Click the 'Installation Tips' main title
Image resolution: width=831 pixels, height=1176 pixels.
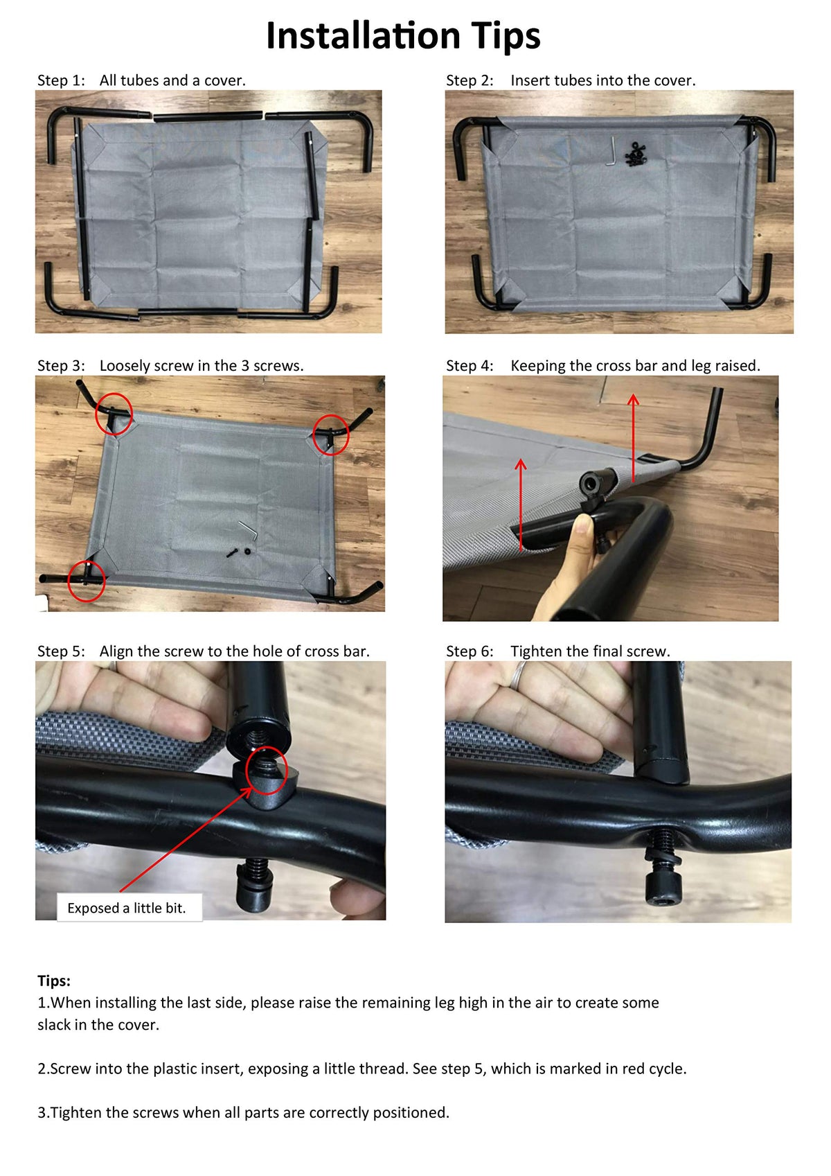click(403, 36)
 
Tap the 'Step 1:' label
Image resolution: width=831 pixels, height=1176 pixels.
click(61, 80)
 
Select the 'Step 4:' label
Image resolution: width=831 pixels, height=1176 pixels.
click(470, 365)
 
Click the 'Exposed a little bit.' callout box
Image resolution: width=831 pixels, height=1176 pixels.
click(129, 908)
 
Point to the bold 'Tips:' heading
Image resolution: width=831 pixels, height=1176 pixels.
click(53, 980)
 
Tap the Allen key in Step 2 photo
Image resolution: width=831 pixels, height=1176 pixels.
click(611, 150)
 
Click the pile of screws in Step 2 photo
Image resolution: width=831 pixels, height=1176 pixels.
click(635, 155)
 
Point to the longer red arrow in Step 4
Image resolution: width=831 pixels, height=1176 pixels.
click(634, 438)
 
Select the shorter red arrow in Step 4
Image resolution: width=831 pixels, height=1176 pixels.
click(521, 504)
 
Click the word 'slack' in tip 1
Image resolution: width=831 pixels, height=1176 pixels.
click(53, 1024)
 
